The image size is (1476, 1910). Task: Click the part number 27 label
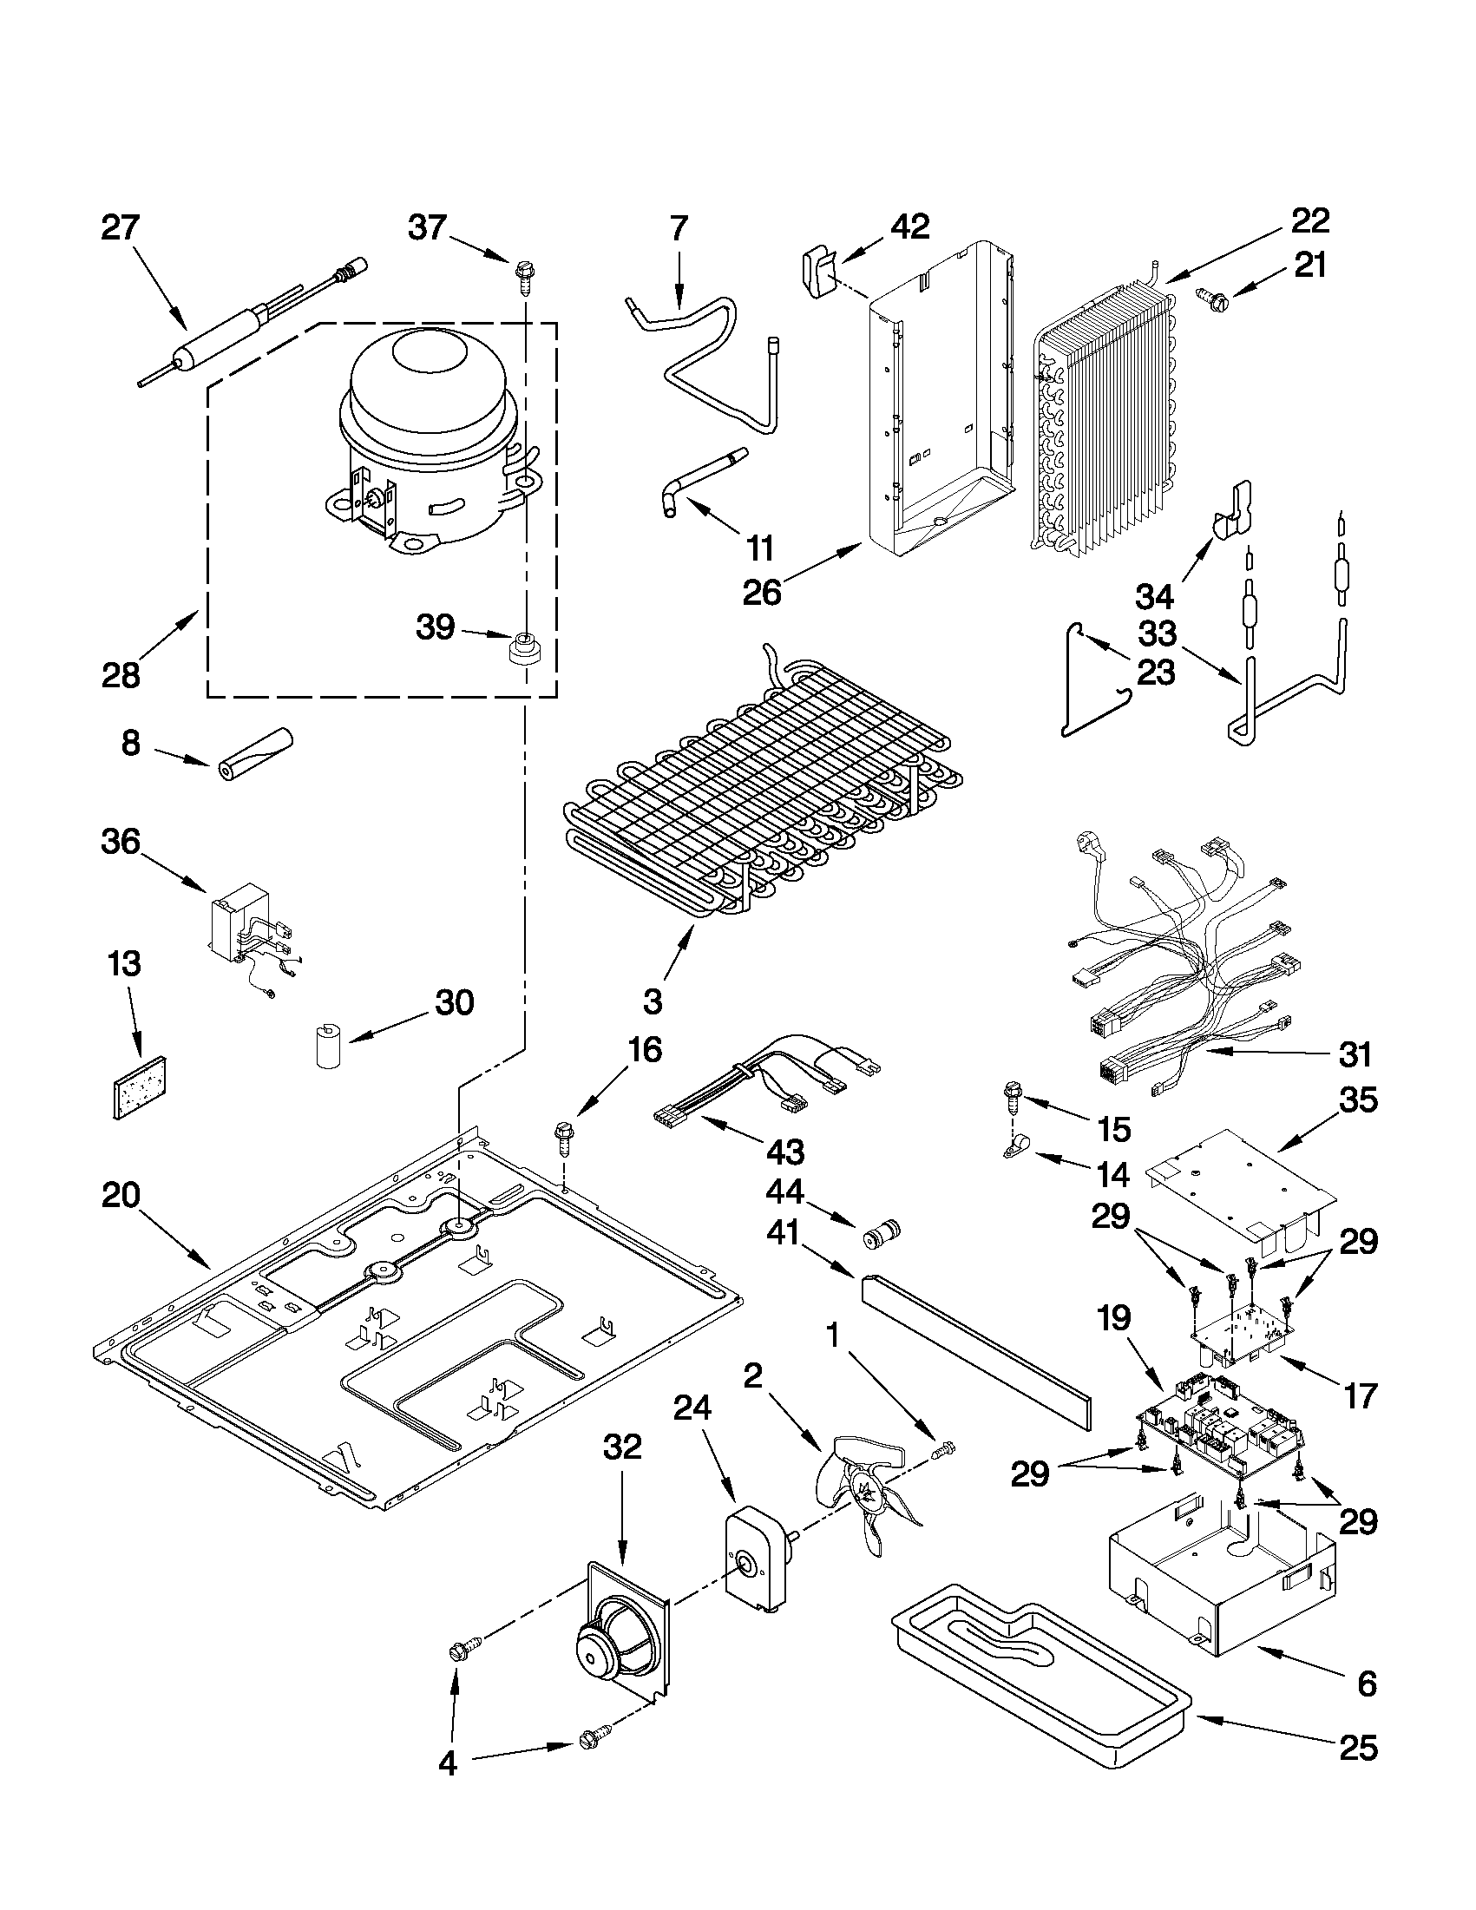[120, 228]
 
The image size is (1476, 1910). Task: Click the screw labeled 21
[1214, 301]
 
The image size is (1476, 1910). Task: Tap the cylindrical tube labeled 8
[254, 752]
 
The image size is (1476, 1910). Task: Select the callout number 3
[653, 1001]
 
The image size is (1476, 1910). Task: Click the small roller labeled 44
[880, 1237]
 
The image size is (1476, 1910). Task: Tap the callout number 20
[120, 1195]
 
